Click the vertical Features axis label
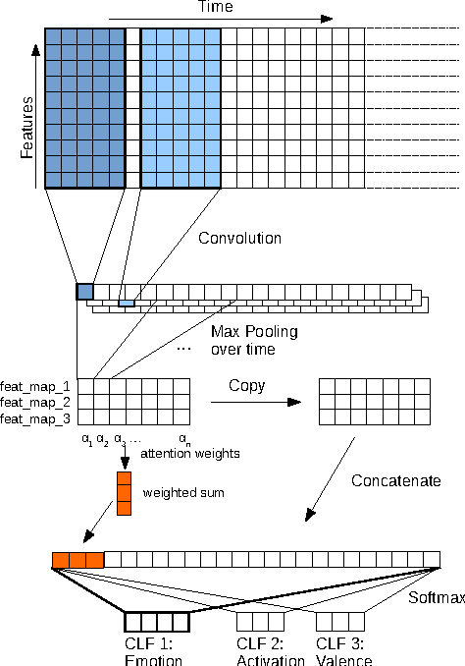pyautogui.click(x=28, y=129)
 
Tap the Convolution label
pyautogui.click(x=239, y=239)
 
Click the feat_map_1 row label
pyautogui.click(x=35, y=386)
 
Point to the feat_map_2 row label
pyautogui.click(x=35, y=402)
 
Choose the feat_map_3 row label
pyautogui.click(x=35, y=417)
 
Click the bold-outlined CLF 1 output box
pyautogui.click(x=156, y=622)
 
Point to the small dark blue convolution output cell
pyautogui.click(x=84, y=291)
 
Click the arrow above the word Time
pyautogui.click(x=220, y=18)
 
